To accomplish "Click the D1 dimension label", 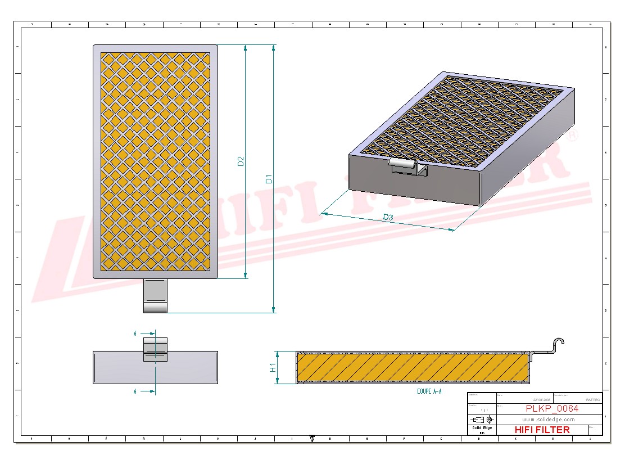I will (269, 179).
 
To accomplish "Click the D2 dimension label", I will (241, 161).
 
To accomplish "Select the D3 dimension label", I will (388, 217).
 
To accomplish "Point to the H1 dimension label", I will (273, 368).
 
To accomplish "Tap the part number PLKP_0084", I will (551, 408).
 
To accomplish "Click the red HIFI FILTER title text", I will (542, 430).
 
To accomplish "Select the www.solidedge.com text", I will (548, 420).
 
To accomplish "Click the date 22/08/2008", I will (543, 399).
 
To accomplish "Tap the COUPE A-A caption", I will (429, 391).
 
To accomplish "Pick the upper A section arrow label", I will (135, 334).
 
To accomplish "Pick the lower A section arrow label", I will (135, 391).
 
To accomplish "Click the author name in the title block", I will (592, 399).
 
